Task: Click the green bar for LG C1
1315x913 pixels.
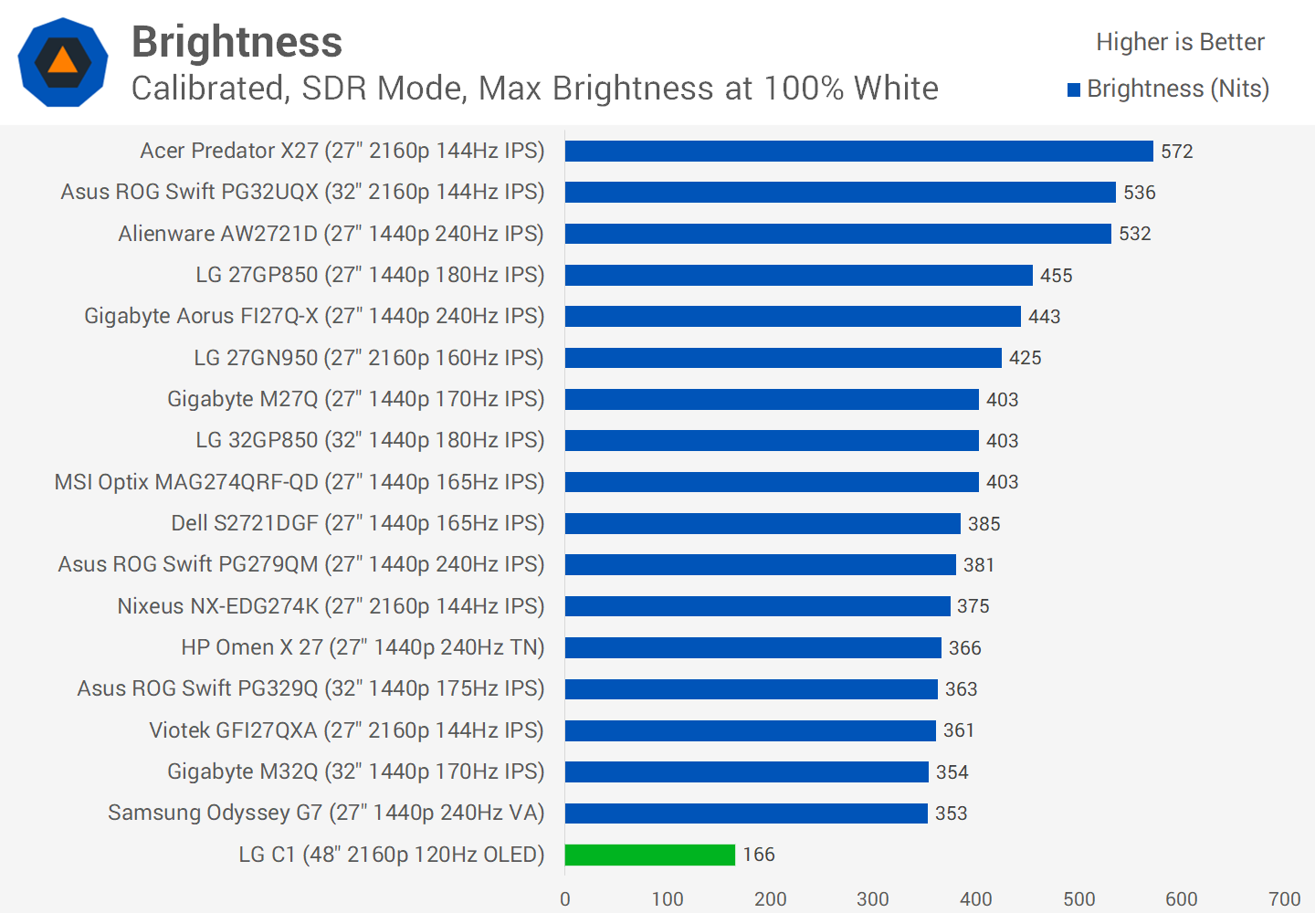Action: coord(649,855)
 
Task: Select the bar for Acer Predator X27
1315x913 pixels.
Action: coord(858,151)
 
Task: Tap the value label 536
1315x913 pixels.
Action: coord(1139,193)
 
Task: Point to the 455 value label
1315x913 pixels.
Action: coord(1056,276)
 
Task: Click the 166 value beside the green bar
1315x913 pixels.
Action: coord(758,855)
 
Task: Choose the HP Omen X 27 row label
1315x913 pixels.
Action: coord(363,647)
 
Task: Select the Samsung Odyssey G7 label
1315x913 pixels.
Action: coord(326,813)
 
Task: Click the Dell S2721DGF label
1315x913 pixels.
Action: coord(357,523)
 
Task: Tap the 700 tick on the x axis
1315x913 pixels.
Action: coord(1284,899)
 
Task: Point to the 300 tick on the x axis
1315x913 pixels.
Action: coord(873,899)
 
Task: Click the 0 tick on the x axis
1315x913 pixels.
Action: coord(565,899)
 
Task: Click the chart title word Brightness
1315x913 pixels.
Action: coord(237,42)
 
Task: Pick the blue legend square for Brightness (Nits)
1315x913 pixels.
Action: coord(1074,89)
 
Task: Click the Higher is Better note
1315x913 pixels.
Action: coord(1180,42)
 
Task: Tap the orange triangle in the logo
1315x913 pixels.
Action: coord(62,61)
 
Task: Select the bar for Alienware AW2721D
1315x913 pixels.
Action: coord(837,234)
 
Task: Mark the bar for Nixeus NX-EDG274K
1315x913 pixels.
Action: coord(757,606)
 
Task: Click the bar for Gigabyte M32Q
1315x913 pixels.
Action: coord(746,771)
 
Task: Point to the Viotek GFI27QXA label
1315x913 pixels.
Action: coord(346,730)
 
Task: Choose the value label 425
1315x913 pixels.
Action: coord(1025,358)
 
